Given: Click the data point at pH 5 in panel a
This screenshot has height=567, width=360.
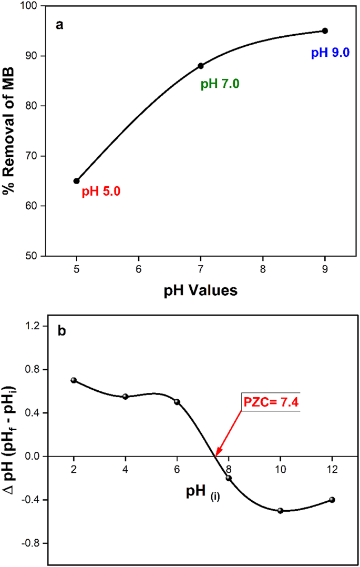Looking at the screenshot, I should [76, 181].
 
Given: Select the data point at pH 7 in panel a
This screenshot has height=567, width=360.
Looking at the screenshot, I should [200, 66].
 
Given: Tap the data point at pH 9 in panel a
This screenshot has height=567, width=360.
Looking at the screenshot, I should [325, 31].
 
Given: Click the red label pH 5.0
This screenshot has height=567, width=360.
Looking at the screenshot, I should [101, 193].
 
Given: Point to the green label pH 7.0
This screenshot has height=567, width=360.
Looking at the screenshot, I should [220, 84].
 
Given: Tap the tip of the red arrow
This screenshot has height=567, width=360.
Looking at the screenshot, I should [214, 455].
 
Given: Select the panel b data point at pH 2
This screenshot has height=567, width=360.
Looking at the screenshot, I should [74, 380].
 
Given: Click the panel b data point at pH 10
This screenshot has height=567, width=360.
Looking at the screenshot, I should [280, 511].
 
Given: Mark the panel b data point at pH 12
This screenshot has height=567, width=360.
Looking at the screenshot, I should [332, 500].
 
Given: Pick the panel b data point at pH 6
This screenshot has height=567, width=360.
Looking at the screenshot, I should [177, 402].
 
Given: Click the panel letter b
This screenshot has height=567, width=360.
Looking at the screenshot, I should [62, 331].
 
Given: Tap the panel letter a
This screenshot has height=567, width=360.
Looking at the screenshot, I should [60, 24].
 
